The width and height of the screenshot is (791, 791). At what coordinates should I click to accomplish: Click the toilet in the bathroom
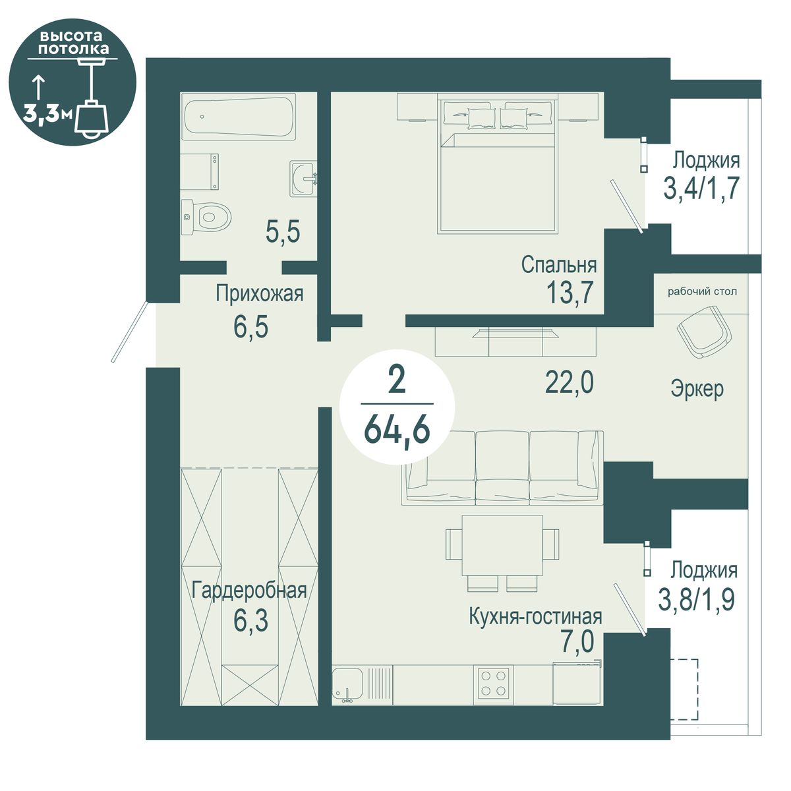click(x=206, y=217)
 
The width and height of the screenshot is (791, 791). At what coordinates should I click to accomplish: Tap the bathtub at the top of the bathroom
click(x=240, y=117)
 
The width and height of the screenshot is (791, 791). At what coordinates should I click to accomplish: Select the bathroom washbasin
click(x=304, y=179)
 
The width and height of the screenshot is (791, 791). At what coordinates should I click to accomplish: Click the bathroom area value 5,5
click(x=283, y=232)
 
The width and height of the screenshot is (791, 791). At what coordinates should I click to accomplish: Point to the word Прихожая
click(x=260, y=294)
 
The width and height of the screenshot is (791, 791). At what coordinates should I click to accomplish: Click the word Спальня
click(x=559, y=265)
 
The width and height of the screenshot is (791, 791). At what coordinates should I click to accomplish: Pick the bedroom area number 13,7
click(x=570, y=293)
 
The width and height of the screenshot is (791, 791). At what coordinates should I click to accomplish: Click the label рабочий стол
click(x=702, y=292)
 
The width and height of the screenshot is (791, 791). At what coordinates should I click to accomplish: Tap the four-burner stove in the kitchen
click(x=493, y=683)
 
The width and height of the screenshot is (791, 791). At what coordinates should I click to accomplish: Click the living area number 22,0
click(x=570, y=382)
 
